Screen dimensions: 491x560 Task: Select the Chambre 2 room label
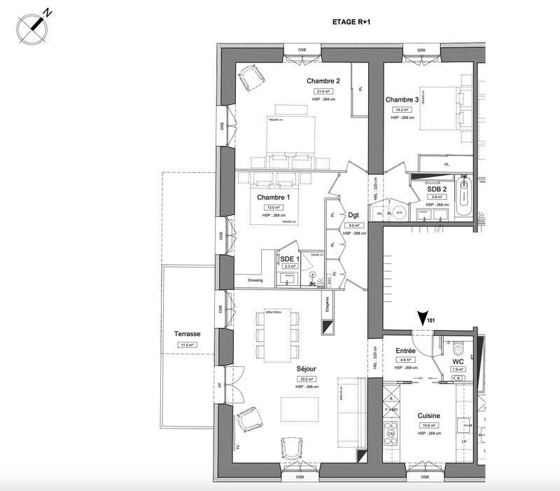point(323,81)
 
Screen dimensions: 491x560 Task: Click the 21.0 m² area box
point(323,91)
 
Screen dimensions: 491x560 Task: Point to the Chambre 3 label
point(402,100)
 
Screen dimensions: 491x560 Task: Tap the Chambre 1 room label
point(273,198)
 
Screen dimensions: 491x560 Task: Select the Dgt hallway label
point(353,215)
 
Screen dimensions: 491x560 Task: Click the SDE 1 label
point(290,258)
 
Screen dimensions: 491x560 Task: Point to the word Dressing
point(255,281)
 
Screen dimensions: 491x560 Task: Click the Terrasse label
point(188,335)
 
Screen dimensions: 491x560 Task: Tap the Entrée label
point(406,350)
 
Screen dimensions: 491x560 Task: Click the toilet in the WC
point(458,347)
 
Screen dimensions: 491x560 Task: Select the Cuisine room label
point(428,415)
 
